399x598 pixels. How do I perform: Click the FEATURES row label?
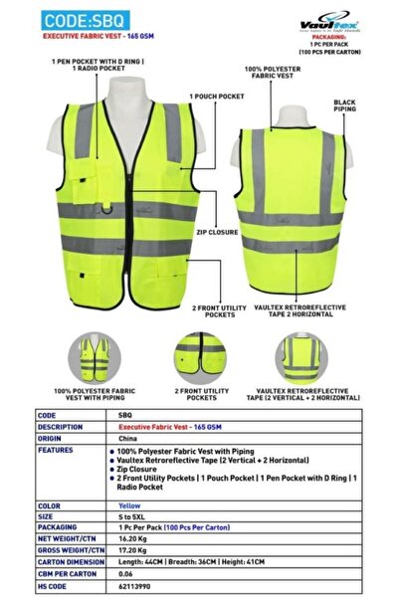(56, 450)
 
